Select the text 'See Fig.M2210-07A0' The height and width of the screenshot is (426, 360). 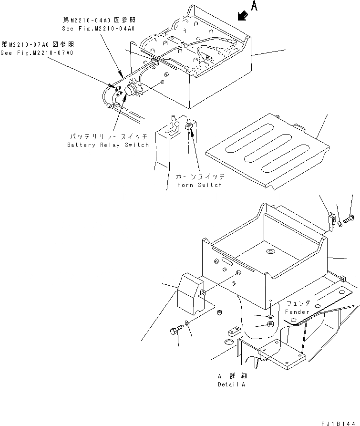coord(37,52)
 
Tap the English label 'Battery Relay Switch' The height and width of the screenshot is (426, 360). coord(108,145)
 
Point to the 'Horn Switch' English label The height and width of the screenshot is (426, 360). coord(199,185)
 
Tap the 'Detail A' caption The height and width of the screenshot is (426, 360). coord(232,384)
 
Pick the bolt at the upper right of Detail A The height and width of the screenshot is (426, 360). coord(348,220)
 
